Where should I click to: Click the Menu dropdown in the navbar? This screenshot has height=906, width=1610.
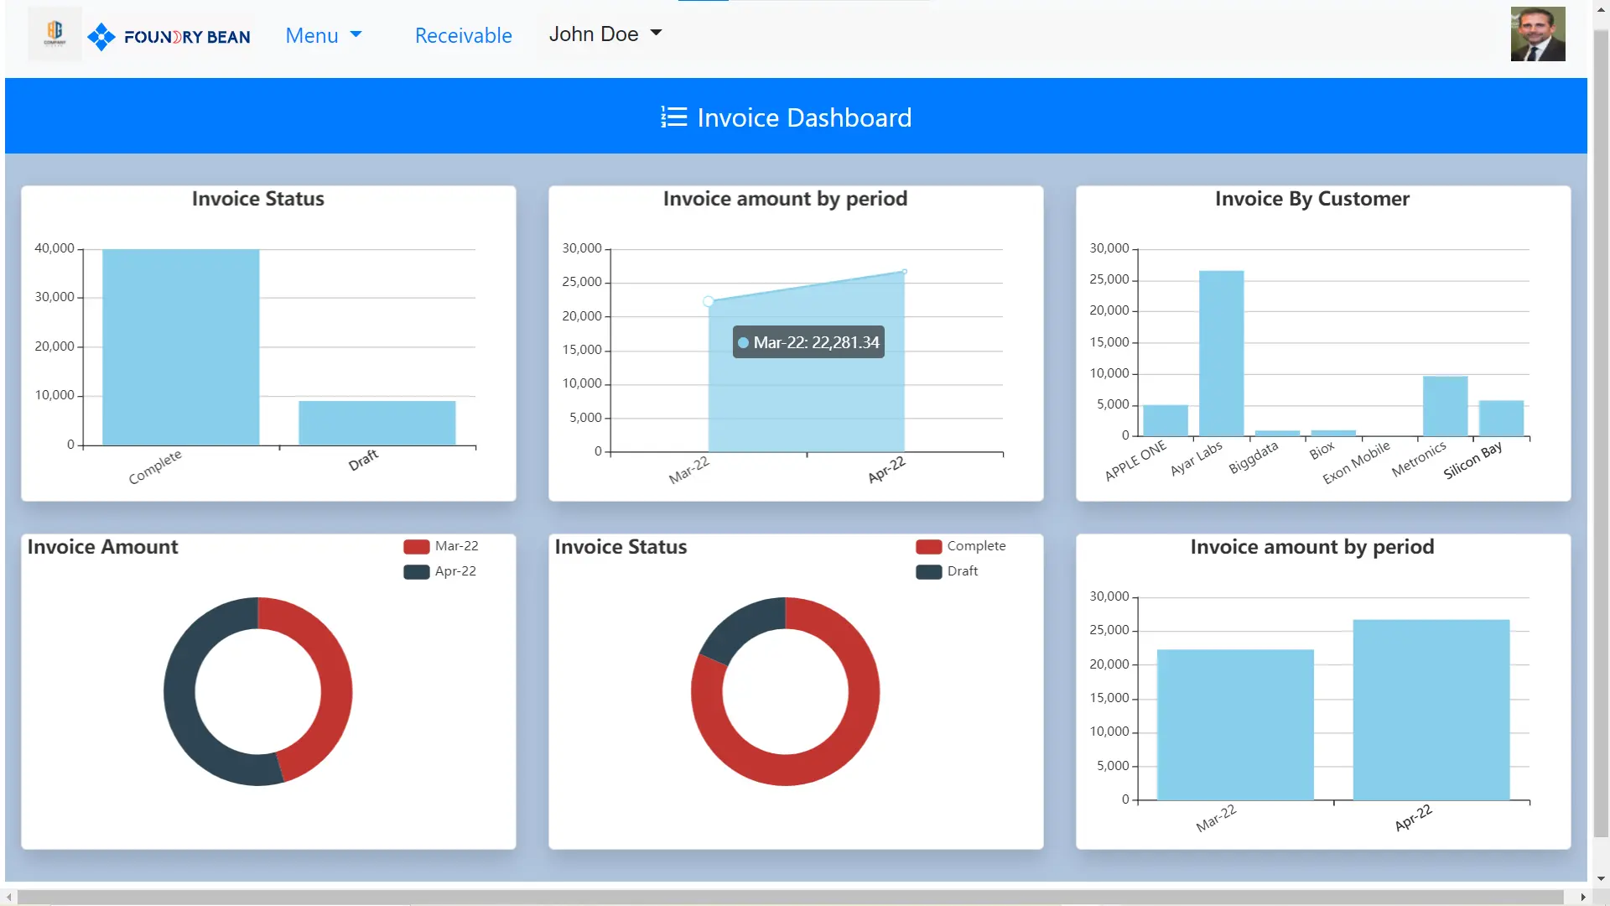click(323, 35)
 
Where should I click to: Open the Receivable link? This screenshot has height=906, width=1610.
click(463, 35)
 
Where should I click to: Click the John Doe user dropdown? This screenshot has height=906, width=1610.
click(605, 34)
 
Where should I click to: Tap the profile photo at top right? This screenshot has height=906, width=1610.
click(1537, 34)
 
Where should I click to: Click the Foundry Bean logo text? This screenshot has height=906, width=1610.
click(186, 37)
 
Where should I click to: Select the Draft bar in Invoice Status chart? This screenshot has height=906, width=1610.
click(377, 423)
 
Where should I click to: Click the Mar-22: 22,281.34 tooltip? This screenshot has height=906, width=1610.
click(808, 342)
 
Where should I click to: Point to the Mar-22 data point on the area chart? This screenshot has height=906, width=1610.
click(709, 301)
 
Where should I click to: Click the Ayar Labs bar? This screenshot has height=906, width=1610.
click(1221, 352)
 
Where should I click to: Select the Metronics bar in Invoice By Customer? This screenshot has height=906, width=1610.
click(1445, 406)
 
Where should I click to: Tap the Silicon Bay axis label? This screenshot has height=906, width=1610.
click(1472, 461)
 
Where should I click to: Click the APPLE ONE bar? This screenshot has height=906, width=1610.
click(1165, 420)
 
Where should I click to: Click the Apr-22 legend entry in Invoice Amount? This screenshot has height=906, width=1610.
click(441, 571)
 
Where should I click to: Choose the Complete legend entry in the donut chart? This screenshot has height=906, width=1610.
click(961, 546)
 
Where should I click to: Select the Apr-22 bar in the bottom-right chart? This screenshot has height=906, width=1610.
click(1431, 710)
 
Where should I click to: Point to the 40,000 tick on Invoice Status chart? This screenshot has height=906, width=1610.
click(55, 248)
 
